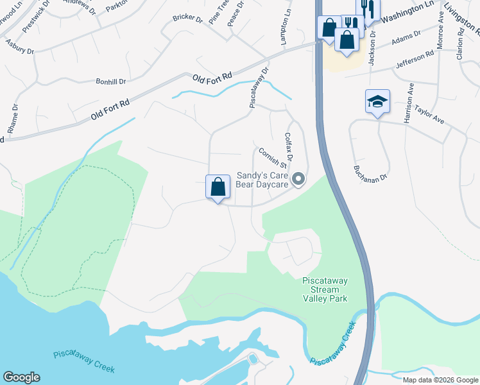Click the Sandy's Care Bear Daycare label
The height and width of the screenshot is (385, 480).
(263, 179)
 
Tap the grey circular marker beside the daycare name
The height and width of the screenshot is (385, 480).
(298, 180)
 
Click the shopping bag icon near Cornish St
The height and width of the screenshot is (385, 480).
(218, 187)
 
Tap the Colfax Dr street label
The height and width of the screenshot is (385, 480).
(289, 148)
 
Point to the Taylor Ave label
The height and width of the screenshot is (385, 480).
(429, 114)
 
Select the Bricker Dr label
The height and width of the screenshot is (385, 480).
(187, 19)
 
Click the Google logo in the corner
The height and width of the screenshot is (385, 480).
(21, 377)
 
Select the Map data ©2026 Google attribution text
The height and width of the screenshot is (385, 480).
(441, 380)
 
